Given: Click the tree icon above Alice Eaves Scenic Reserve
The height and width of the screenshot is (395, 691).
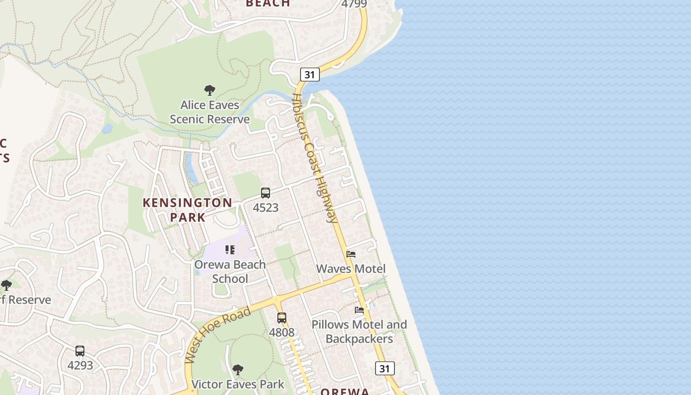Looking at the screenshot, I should click(210, 90).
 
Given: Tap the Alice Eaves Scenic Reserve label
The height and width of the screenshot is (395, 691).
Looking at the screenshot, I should click(210, 112).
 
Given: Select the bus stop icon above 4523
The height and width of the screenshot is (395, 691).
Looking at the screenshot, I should click(266, 193).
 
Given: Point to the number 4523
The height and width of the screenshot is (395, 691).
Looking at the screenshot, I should click(266, 208).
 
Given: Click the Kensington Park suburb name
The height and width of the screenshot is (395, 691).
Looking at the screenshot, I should click(188, 210).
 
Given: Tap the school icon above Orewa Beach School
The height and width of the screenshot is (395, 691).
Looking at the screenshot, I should click(230, 250).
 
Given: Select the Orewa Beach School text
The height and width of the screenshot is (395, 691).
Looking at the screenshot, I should click(230, 272).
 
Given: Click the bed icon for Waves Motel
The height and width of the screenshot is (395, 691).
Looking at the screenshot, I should click(351, 254).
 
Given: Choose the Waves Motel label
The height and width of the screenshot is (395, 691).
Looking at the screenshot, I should click(351, 269).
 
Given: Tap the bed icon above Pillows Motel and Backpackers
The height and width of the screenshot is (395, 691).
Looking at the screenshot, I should click(359, 310).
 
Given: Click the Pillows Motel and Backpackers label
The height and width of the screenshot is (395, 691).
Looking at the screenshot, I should click(359, 331).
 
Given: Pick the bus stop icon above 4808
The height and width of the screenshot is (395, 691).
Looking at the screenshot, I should click(282, 318).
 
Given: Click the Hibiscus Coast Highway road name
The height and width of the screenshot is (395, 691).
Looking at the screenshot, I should click(314, 158).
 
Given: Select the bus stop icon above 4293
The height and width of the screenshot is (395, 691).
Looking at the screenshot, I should click(80, 351).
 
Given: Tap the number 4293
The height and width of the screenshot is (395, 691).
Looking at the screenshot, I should click(80, 366).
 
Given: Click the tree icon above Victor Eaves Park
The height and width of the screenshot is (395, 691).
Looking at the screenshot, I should click(238, 370).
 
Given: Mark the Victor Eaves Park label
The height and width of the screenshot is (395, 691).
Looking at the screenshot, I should click(238, 384).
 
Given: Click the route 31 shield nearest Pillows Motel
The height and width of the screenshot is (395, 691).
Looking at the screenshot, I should click(384, 368).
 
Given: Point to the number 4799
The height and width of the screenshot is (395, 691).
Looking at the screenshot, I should click(354, 4).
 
